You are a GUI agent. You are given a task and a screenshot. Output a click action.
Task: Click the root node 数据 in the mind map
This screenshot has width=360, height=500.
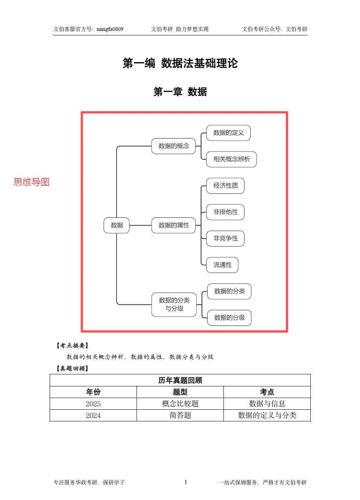[x=117, y=225]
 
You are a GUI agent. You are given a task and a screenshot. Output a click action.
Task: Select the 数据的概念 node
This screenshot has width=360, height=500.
[x=173, y=146]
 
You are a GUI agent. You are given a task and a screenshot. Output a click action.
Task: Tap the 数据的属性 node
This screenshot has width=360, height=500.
[x=173, y=225]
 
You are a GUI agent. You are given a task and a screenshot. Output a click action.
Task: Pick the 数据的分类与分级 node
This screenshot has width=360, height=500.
[x=174, y=304]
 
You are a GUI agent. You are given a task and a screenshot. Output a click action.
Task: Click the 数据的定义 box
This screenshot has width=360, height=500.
[x=228, y=133]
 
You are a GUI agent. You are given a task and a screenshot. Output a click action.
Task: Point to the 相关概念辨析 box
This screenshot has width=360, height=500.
[x=231, y=159]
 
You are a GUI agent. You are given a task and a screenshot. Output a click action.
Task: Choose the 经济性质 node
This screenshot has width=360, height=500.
[x=225, y=185]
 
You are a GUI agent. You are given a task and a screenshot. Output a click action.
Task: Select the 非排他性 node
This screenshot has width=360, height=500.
[x=225, y=212]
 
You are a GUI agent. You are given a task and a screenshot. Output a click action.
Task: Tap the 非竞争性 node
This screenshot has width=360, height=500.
[x=225, y=239]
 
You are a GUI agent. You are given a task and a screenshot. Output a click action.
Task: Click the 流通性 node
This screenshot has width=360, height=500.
[x=222, y=265]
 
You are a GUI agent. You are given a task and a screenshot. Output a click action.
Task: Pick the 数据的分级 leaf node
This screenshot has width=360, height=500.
[x=229, y=318]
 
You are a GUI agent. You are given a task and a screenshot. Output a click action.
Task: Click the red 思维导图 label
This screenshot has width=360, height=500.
[x=32, y=182]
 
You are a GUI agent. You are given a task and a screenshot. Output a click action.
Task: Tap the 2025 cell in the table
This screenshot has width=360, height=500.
[x=93, y=404]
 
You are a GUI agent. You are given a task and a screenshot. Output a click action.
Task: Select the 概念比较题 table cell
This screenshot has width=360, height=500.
[x=180, y=404]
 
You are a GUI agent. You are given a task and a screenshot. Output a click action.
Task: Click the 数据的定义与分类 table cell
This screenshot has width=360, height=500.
[x=267, y=415]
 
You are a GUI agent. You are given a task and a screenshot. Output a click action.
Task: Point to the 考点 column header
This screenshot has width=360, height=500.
[x=267, y=392]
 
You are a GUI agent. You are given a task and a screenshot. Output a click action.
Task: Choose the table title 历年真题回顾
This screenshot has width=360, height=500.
[x=180, y=380]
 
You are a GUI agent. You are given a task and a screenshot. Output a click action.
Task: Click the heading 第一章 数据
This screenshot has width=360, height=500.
[x=180, y=92]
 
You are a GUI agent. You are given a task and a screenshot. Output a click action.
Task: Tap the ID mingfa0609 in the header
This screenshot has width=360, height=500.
[x=110, y=29]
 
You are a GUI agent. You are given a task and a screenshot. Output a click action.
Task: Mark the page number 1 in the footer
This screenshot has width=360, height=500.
[x=186, y=482]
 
